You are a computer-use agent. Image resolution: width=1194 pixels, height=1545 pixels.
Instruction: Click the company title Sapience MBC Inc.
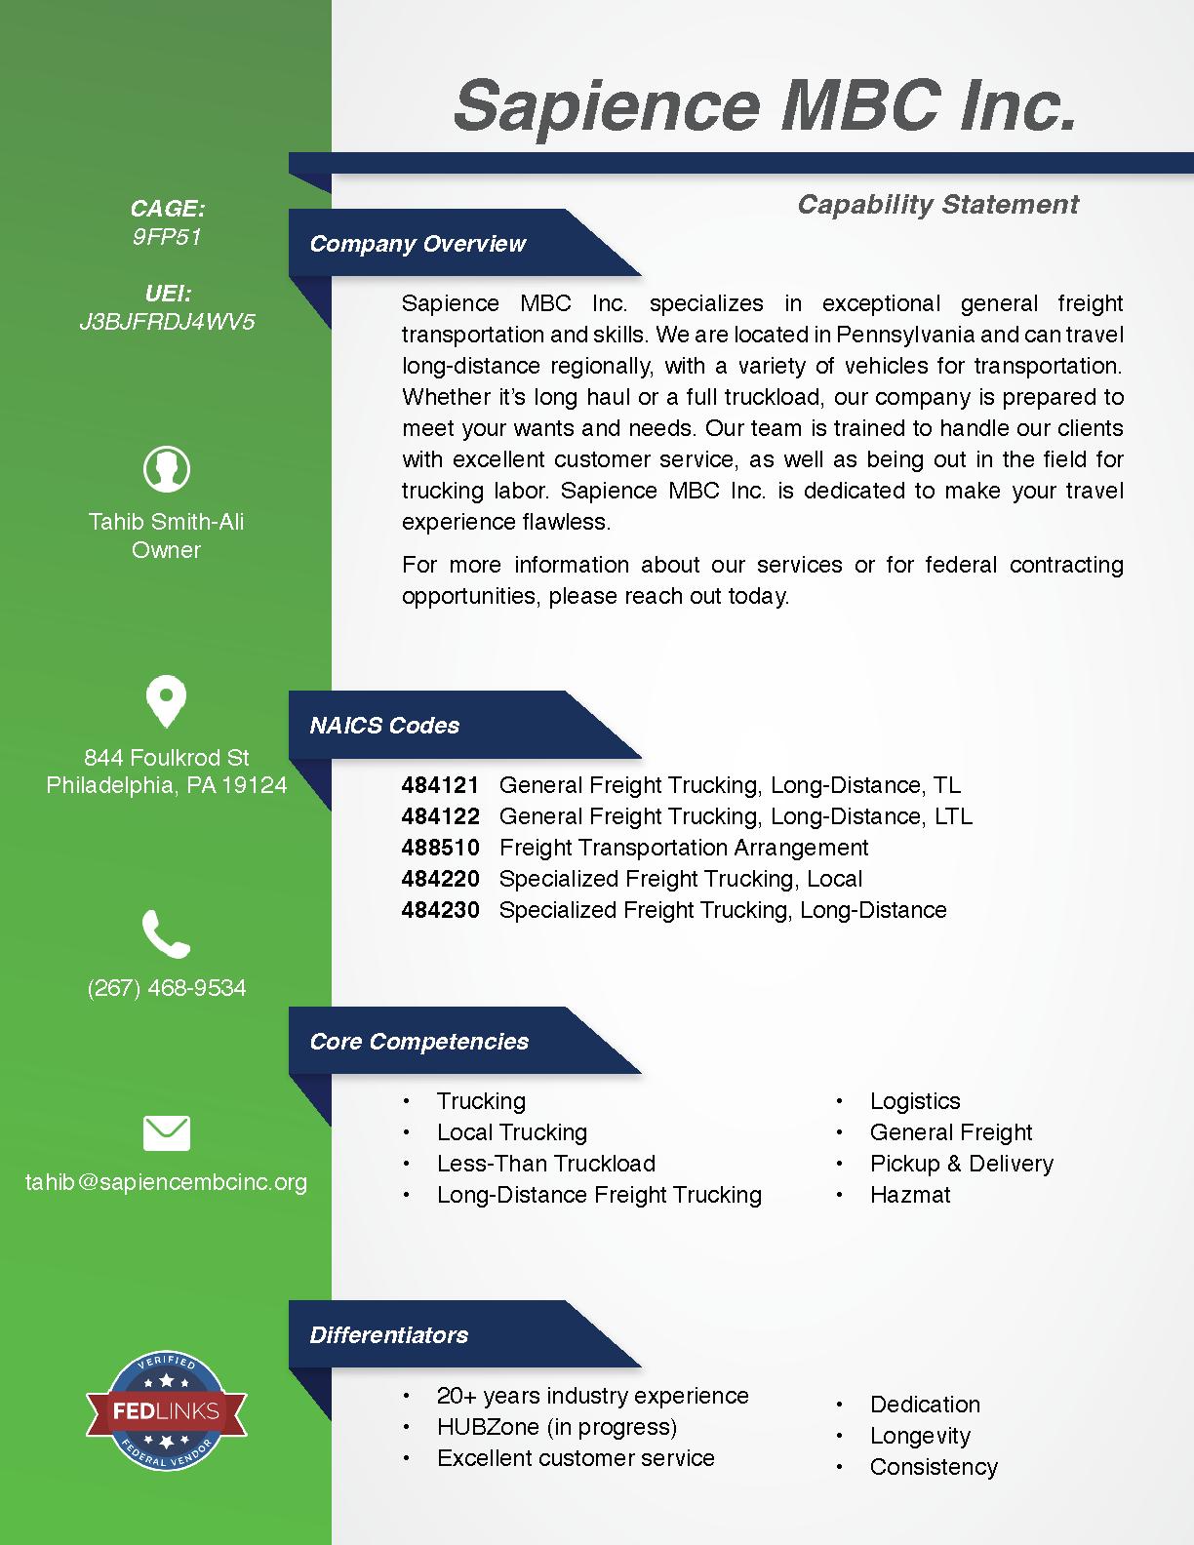[765, 105]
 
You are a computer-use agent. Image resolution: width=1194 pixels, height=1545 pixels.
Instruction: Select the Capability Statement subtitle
[937, 205]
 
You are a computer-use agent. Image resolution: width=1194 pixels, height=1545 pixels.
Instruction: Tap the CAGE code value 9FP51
[167, 237]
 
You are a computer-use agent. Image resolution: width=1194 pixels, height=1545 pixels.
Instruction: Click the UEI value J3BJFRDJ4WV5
[167, 322]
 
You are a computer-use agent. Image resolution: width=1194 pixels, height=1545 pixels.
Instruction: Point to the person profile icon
[167, 469]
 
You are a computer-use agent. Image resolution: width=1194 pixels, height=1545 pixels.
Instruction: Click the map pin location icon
[166, 701]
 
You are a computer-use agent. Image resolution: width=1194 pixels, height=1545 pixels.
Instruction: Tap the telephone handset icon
[166, 933]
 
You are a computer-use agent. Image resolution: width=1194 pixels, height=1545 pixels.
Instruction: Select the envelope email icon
[167, 1133]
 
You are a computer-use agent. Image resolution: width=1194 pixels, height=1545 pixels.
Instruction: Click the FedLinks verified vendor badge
[166, 1411]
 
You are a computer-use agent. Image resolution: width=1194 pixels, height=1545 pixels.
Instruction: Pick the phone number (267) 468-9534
[167, 988]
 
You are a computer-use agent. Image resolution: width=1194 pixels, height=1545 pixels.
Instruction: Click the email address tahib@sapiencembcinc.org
[166, 1182]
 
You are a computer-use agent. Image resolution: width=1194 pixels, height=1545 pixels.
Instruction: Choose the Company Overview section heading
[418, 244]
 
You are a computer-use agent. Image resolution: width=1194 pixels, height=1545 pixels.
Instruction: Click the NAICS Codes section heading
[384, 726]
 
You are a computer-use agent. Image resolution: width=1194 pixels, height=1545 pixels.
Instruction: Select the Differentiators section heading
[388, 1335]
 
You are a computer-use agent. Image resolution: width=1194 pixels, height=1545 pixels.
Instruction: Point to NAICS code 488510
[440, 848]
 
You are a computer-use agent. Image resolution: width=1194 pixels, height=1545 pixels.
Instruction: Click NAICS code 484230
[440, 910]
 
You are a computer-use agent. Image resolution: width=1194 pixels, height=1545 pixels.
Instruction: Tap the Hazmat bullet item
[910, 1195]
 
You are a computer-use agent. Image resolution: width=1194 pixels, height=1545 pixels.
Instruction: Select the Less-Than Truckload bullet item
[545, 1164]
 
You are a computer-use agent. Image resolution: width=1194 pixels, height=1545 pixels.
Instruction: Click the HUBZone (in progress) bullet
[556, 1427]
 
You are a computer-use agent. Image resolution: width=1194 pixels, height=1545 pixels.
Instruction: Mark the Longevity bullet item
[920, 1436]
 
